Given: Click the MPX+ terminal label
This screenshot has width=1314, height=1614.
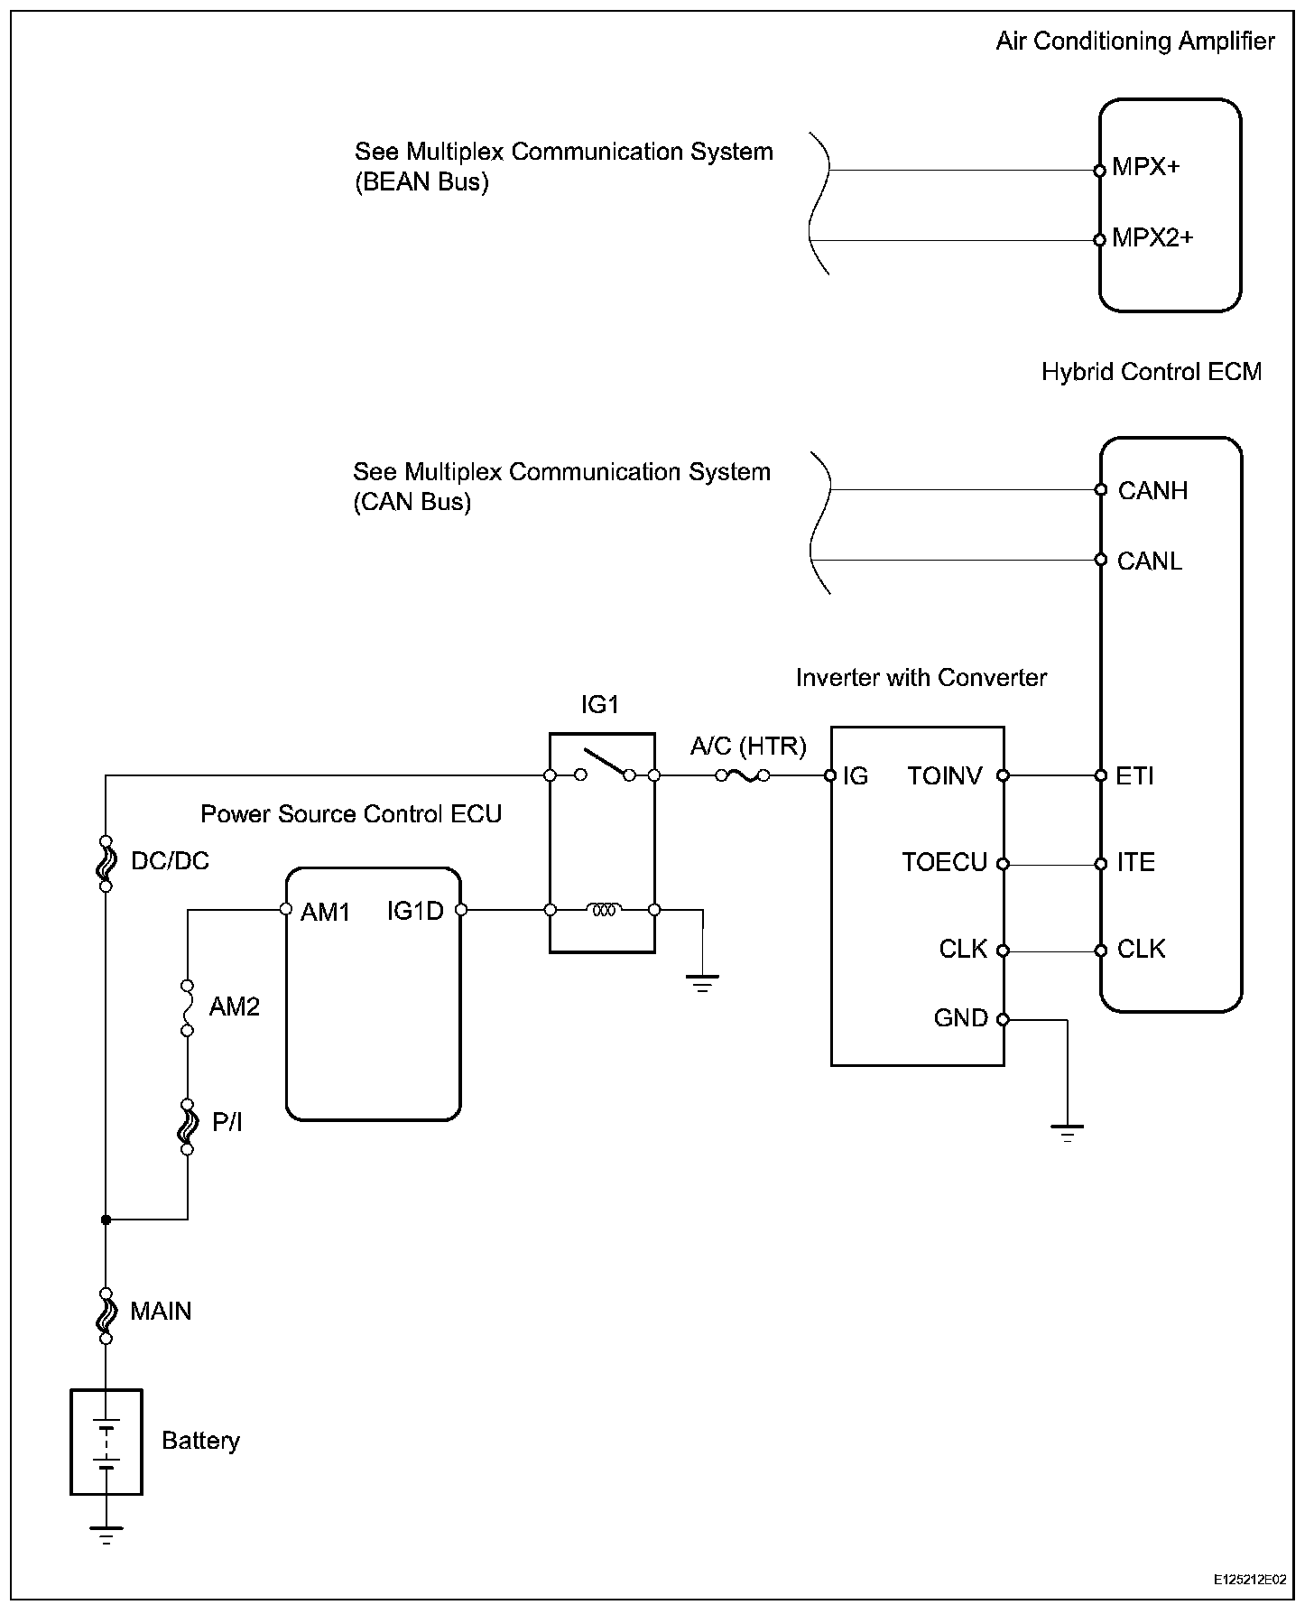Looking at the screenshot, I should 1145,167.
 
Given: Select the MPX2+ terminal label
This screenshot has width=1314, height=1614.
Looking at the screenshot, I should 1152,237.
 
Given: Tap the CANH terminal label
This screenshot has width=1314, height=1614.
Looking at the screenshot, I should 1152,490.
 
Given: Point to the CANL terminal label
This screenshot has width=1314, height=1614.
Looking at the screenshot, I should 1149,561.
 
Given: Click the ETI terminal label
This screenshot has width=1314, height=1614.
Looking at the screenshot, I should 1134,775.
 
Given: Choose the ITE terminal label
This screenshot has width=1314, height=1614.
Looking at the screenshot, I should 1135,862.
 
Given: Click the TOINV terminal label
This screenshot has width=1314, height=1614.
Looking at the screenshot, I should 945,775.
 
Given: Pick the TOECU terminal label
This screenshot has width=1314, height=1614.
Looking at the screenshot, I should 944,862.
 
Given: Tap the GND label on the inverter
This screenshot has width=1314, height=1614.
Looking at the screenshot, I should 960,1018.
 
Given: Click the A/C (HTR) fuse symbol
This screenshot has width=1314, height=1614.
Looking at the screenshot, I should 743,775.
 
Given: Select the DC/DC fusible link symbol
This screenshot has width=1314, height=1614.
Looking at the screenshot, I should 106,862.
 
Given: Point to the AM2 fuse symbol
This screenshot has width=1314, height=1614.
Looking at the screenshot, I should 188,1006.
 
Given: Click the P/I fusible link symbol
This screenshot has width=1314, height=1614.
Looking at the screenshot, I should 188,1126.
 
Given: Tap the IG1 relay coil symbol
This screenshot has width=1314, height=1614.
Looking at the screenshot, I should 603,910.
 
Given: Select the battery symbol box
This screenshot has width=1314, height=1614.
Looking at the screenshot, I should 106,1442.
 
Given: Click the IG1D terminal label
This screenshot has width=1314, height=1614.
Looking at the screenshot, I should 415,911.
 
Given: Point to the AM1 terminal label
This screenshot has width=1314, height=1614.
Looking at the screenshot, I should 325,912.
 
